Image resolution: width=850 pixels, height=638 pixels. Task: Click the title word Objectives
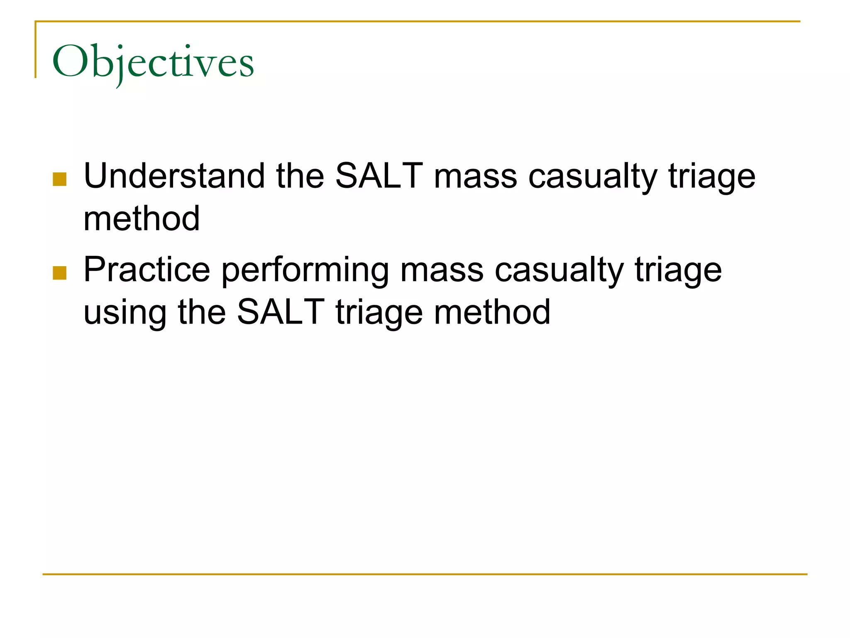tap(153, 62)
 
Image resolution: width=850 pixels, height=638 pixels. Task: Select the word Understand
tap(174, 176)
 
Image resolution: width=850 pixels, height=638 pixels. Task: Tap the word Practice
tap(147, 270)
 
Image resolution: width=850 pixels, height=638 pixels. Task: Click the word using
tap(125, 313)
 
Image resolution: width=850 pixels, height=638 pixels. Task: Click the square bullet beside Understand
tap(60, 179)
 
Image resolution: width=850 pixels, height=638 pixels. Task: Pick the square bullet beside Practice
tap(60, 273)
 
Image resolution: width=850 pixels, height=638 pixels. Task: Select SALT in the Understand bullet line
tap(379, 176)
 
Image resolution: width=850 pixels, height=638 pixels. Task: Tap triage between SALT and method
tap(379, 313)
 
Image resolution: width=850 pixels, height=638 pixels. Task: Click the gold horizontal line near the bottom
tap(425, 574)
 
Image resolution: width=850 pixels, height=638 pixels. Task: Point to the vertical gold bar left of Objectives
tap(35, 50)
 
